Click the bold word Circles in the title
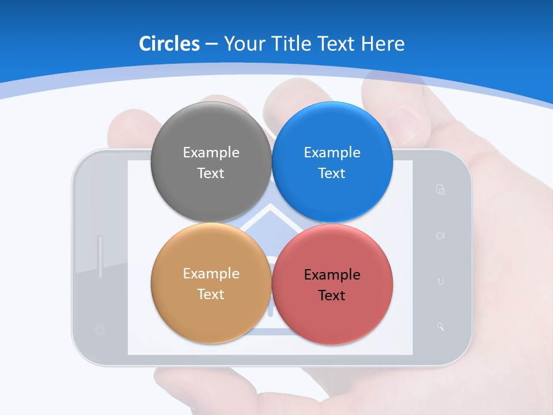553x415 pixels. pos(169,44)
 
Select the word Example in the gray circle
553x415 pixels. pos(211,152)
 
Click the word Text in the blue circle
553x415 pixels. pos(332,173)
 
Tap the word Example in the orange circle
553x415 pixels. pos(211,273)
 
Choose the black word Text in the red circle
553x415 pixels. pos(332,295)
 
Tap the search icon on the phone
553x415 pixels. pos(441,327)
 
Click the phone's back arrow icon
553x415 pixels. pos(441,236)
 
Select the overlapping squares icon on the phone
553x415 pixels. pos(441,190)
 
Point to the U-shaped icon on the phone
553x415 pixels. pos(441,281)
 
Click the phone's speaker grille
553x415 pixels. pos(100,256)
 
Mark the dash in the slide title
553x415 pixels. pos(211,44)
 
